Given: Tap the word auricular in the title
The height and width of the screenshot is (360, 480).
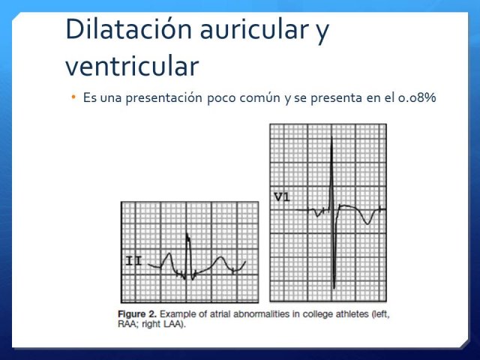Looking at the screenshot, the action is [254, 29].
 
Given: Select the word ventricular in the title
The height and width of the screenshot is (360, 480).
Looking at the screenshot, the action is [132, 66].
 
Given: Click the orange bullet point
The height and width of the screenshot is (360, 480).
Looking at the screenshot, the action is [73, 97].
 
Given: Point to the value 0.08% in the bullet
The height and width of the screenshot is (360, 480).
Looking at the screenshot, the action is [417, 97].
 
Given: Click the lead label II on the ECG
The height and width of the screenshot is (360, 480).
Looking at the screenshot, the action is [133, 262].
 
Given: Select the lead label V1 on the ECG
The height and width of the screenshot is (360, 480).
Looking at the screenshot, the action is [282, 197].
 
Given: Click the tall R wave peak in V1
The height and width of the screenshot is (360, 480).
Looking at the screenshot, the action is [331, 136].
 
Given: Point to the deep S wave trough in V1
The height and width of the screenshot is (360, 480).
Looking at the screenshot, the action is [334, 288].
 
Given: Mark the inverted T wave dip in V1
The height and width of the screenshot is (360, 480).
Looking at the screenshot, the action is [367, 223].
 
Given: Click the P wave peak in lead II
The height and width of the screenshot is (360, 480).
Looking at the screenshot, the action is [169, 253].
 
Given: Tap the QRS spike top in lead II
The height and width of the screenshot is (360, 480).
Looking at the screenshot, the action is [187, 235].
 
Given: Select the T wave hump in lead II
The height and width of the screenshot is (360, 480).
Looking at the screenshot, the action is [220, 258].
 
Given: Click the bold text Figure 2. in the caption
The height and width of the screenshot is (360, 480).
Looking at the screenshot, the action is [137, 314].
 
